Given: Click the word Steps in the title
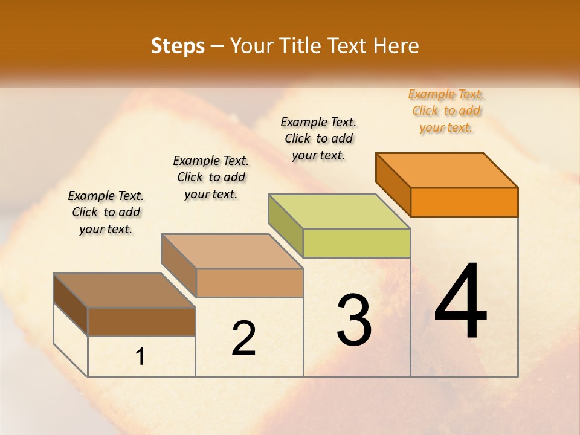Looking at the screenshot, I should pos(177,46).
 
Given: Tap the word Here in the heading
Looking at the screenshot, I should pos(396,46).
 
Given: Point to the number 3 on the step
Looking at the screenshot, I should pos(354,320).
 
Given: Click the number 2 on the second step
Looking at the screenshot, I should pos(243,338).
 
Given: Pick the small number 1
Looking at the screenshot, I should pos(140,357).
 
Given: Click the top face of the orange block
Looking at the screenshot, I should pos(447,170).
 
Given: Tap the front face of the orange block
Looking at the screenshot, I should pos(464,202).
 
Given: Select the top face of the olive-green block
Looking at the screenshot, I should pos(340,211).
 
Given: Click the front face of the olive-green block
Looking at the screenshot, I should pos(356,243).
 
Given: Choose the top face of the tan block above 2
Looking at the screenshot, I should pos(233,251).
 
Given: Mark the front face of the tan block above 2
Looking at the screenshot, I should pos(250,283).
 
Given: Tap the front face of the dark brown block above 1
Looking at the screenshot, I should pos(142,321).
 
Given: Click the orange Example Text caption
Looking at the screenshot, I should pos(446,111).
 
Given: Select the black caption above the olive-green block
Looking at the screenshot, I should pos(318,138).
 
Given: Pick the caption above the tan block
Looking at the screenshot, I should pos(211,177).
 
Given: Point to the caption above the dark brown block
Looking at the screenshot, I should pos(106,212).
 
